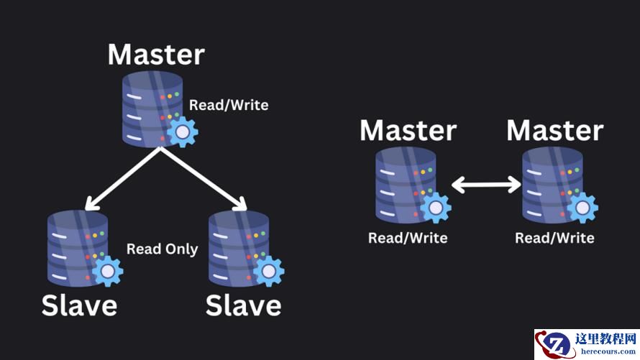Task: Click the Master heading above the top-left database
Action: click(156, 55)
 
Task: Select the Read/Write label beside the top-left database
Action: click(229, 106)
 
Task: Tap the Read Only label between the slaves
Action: click(162, 249)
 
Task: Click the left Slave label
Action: click(79, 305)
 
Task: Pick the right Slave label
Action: click(244, 305)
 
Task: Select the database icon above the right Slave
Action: click(239, 244)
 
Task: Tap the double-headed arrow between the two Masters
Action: click(486, 185)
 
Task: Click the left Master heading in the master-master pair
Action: click(408, 131)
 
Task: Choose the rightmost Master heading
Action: click(554, 131)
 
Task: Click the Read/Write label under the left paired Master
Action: click(408, 238)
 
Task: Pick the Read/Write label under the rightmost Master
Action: click(554, 238)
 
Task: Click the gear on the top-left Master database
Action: click(183, 132)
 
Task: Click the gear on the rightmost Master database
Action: click(582, 208)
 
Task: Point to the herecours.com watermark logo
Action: click(585, 344)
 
